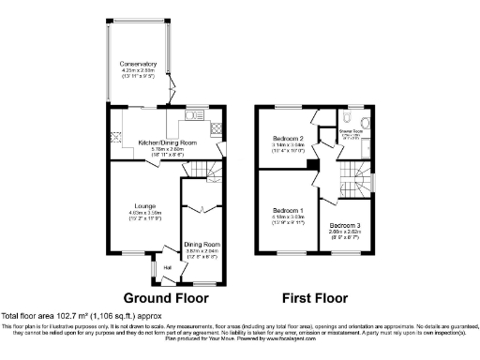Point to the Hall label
click(168, 269)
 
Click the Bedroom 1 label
click(288, 210)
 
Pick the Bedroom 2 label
click(287, 138)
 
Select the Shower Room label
click(352, 132)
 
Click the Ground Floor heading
click(164, 297)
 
